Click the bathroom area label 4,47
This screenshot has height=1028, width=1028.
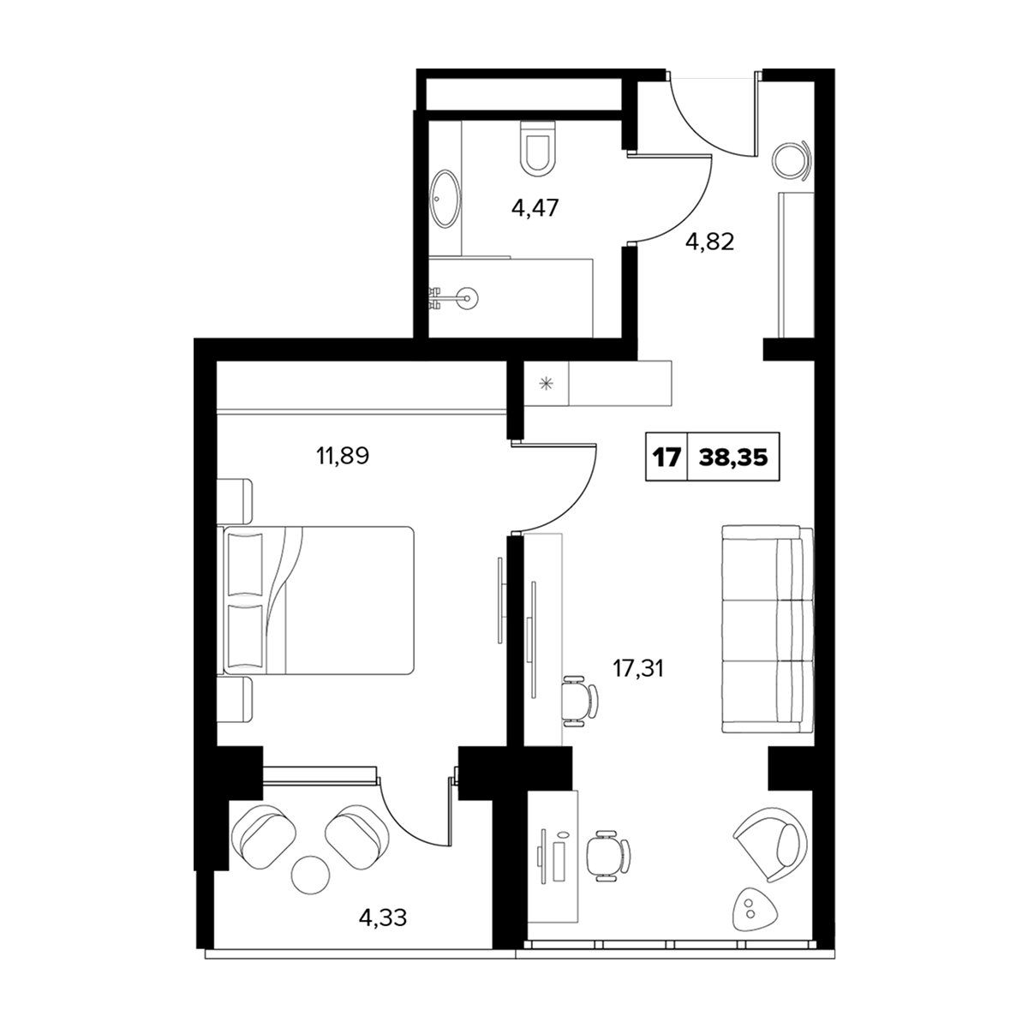[x=535, y=208]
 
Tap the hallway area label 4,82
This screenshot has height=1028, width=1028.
[x=709, y=242]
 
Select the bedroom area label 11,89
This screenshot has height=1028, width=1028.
[x=343, y=456]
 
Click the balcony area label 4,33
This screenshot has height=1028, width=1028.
[x=383, y=918]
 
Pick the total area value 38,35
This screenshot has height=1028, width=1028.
[x=733, y=457]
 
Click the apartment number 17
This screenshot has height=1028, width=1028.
[x=666, y=457]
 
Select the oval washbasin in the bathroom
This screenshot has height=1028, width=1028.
[x=445, y=199]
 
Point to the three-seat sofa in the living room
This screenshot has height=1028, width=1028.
[x=768, y=629]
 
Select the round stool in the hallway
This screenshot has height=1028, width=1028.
[x=792, y=160]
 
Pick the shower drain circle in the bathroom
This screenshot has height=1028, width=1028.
[x=468, y=297]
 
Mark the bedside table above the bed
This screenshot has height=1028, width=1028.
[x=235, y=501]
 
